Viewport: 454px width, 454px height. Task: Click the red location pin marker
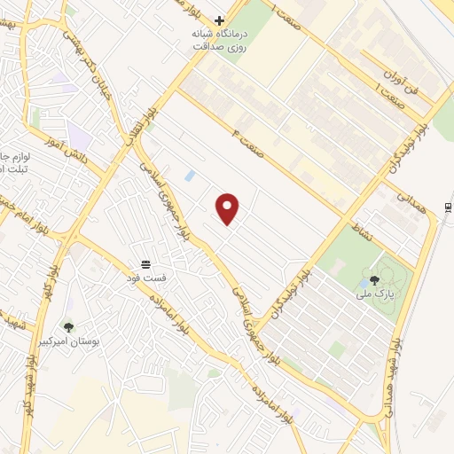228,208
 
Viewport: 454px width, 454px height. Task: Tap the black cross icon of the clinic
219,20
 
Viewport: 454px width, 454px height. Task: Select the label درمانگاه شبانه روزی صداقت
219,40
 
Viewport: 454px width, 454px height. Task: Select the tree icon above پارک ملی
387,280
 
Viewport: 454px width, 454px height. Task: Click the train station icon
448,207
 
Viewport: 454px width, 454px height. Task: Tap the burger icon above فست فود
146,264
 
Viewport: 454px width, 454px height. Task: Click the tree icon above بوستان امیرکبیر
68,326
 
